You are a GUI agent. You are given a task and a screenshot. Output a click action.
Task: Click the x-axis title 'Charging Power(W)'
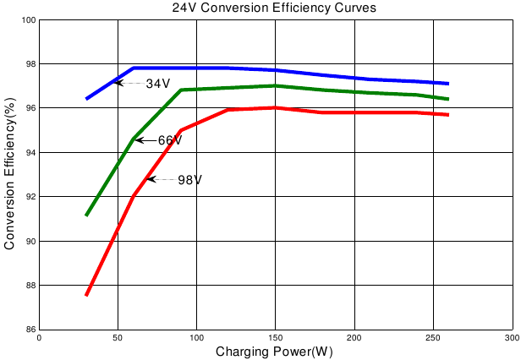click(274, 351)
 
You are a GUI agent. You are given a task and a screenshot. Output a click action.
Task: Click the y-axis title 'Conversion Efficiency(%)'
click(10, 174)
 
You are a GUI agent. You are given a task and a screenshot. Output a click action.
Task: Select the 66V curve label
click(170, 140)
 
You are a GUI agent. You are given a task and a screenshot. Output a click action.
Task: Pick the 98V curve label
click(189, 180)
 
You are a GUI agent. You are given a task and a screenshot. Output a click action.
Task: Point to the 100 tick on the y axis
click(26, 19)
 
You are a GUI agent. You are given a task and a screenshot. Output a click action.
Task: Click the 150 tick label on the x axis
click(275, 337)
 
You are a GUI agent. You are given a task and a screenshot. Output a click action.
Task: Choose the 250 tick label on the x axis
click(433, 337)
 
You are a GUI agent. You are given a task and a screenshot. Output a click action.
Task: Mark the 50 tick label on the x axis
click(118, 337)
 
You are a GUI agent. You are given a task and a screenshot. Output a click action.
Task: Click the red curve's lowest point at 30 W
click(86, 295)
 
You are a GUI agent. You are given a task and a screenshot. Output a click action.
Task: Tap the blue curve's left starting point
click(86, 99)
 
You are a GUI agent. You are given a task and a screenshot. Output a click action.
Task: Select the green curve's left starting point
click(86, 215)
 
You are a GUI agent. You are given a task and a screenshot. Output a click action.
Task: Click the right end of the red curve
click(447, 114)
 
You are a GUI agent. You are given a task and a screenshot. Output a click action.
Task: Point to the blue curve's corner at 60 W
click(134, 68)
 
